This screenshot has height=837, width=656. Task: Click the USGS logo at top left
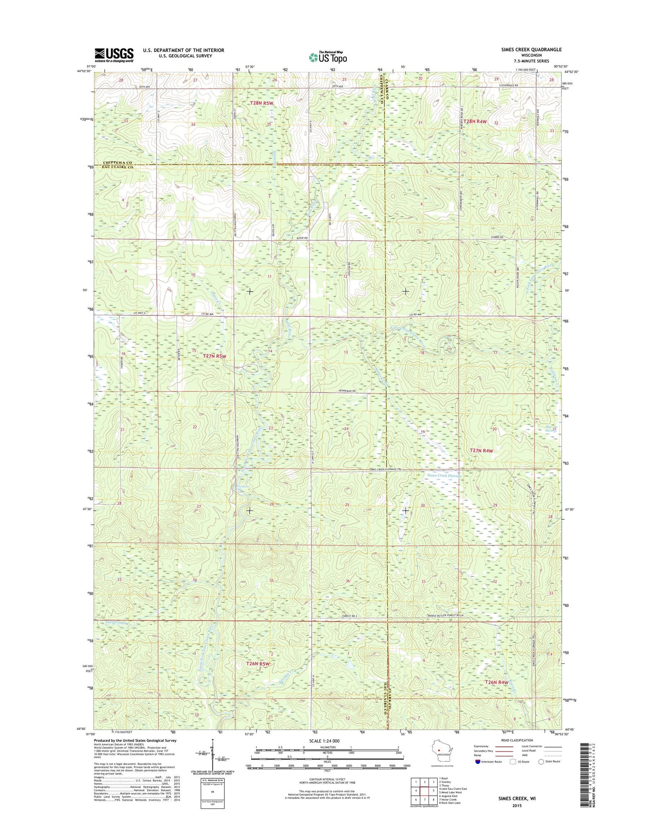(114, 55)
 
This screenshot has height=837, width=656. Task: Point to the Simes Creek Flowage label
(444, 475)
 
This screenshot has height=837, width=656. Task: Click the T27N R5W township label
(214, 356)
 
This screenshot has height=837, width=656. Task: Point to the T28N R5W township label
(262, 103)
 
